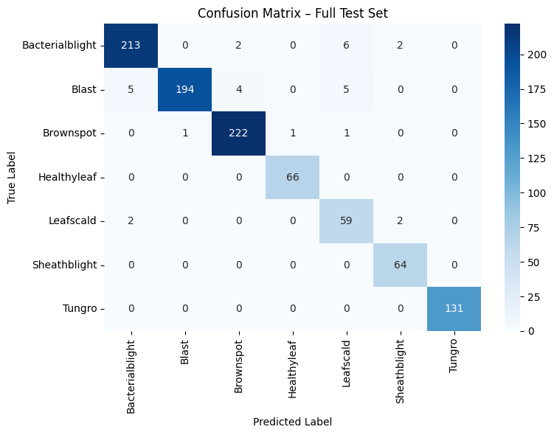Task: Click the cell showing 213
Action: [x=131, y=46]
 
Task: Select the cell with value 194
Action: [x=184, y=90]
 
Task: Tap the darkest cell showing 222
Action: [x=238, y=133]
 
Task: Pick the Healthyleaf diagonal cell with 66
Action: [x=292, y=177]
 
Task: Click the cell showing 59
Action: [x=346, y=221]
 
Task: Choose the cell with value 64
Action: [x=400, y=265]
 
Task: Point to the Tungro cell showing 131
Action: [x=454, y=308]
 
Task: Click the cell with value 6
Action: [x=346, y=46]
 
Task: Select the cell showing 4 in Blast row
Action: [x=238, y=90]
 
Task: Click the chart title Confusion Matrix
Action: [x=292, y=13]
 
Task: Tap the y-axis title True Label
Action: [x=11, y=177]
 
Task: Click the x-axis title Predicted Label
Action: [x=292, y=422]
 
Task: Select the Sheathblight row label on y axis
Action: [x=64, y=265]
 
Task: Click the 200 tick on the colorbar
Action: [x=537, y=55]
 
